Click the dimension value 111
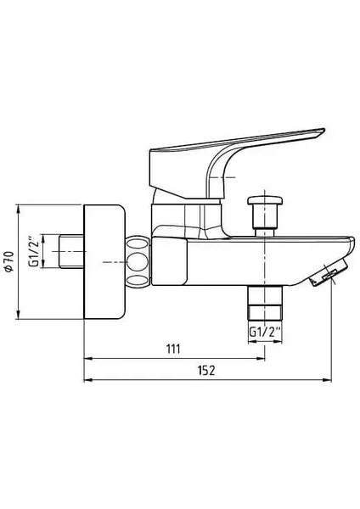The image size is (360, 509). point(173,350)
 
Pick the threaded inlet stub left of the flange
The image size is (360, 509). point(71,252)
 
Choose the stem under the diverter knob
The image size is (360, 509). point(264,222)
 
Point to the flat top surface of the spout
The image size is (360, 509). point(297,235)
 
